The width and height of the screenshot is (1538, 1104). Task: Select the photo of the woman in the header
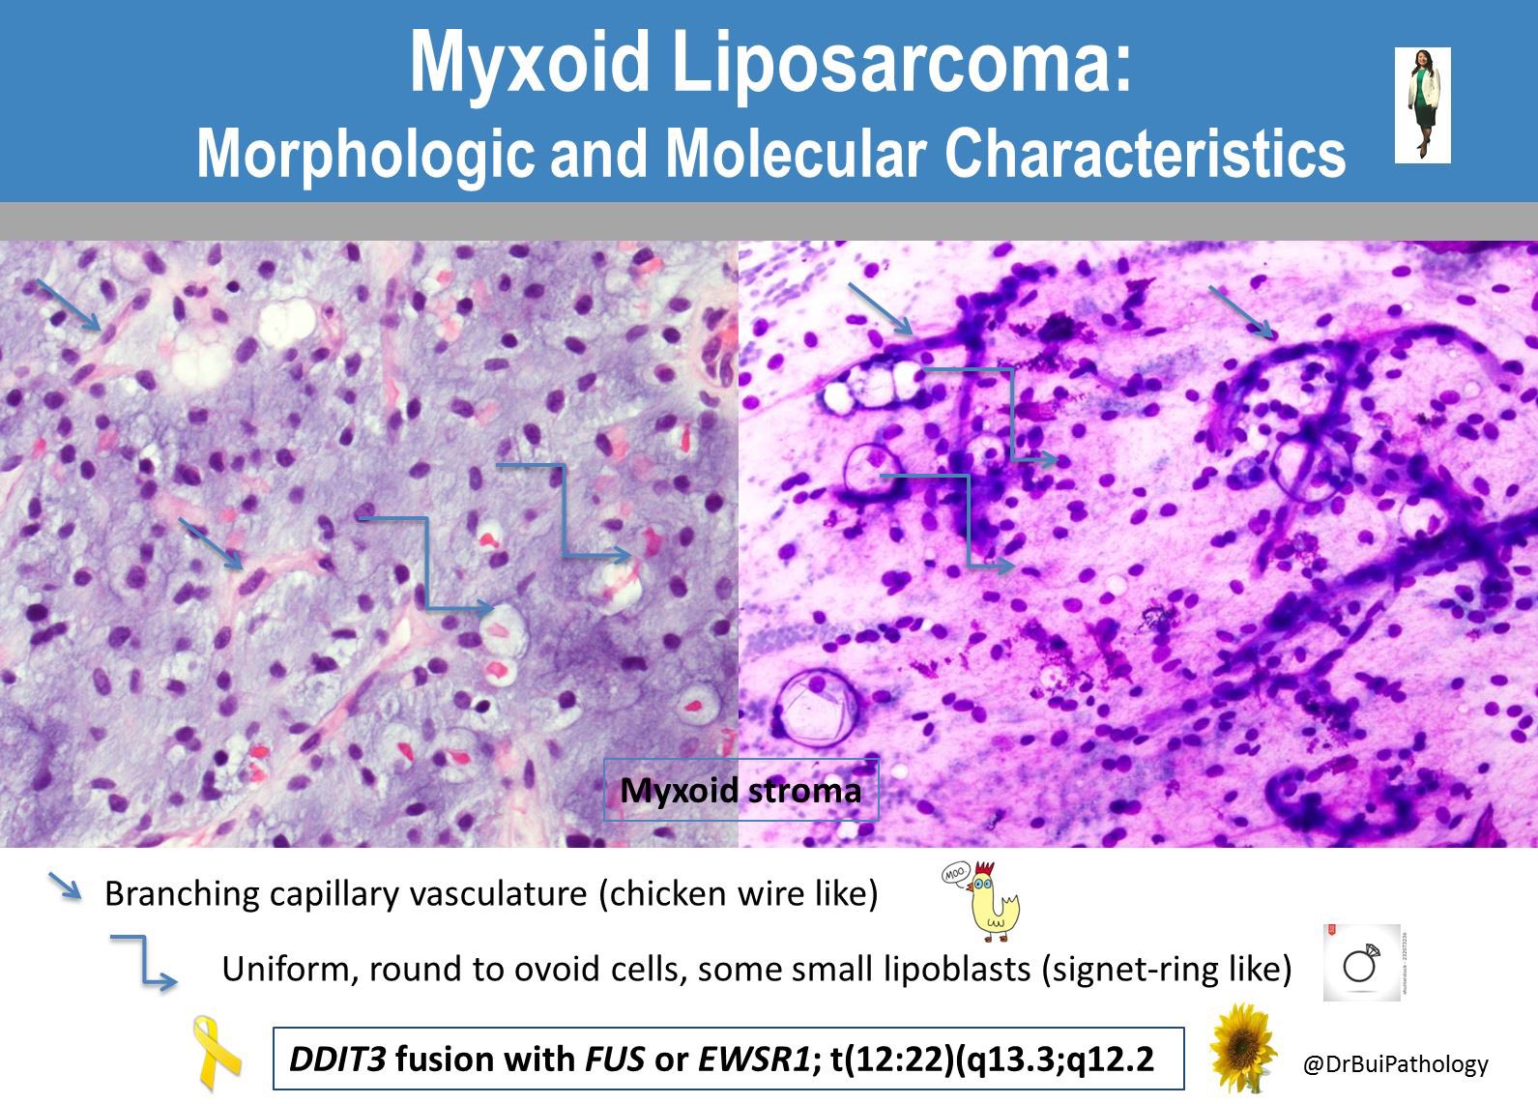(x=1422, y=104)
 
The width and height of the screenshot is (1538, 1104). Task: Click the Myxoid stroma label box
(x=740, y=791)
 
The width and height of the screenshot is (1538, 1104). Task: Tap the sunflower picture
(x=1246, y=1048)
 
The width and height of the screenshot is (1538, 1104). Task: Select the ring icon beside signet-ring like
(x=1360, y=963)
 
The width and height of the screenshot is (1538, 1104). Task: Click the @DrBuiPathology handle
(x=1395, y=1064)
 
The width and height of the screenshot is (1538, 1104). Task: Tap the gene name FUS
(x=615, y=1060)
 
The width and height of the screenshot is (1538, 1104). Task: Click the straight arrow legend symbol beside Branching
(x=66, y=887)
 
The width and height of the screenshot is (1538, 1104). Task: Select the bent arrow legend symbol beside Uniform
(x=143, y=961)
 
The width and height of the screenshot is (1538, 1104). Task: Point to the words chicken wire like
(x=740, y=893)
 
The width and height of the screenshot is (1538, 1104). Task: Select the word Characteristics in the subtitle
(x=1145, y=152)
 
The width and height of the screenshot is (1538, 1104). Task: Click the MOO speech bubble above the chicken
(x=956, y=876)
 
